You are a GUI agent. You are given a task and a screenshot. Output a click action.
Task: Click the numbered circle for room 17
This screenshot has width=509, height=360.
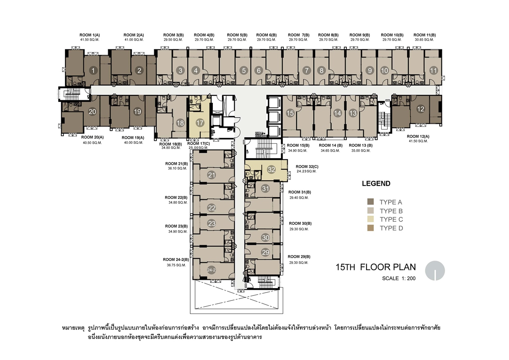[200, 123]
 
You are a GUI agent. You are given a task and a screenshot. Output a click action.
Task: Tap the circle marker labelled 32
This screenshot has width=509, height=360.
[271, 169]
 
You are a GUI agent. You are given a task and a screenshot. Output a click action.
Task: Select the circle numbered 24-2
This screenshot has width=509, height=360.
[211, 270]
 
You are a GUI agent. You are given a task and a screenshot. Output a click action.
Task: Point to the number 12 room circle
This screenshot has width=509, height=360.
[421, 109]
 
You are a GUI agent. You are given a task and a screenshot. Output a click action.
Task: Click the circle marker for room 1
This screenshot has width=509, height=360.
[93, 70]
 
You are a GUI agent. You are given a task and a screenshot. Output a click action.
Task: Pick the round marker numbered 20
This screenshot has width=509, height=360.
[92, 112]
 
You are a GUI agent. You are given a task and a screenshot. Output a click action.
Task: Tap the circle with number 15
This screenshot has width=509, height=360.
[290, 113]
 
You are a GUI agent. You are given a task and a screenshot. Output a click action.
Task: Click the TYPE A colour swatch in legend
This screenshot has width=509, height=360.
[371, 202]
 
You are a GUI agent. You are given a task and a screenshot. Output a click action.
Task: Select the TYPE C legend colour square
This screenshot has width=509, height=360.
[371, 219]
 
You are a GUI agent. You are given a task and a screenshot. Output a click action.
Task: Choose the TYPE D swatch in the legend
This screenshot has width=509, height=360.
[371, 228]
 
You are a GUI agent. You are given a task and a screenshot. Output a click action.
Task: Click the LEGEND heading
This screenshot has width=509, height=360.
[376, 183]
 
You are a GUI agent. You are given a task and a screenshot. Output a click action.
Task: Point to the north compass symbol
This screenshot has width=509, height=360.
[435, 270]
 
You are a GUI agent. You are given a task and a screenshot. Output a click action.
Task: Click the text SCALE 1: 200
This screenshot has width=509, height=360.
[399, 278]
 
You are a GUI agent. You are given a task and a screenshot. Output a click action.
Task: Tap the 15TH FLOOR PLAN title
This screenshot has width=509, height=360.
[375, 267]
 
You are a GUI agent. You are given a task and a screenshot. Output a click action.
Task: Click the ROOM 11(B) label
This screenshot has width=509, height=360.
[424, 35]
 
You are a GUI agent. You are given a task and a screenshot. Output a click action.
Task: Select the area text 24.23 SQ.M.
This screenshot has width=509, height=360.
[306, 171]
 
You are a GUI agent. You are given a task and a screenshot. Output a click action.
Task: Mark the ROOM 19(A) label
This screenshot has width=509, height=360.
[133, 138]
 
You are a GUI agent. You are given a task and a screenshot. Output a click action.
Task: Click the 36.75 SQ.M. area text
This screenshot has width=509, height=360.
[176, 265]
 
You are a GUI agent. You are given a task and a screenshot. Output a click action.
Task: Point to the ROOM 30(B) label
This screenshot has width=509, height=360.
[300, 224]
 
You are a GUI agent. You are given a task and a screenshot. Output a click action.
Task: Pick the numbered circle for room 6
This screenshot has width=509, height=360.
[258, 70]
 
